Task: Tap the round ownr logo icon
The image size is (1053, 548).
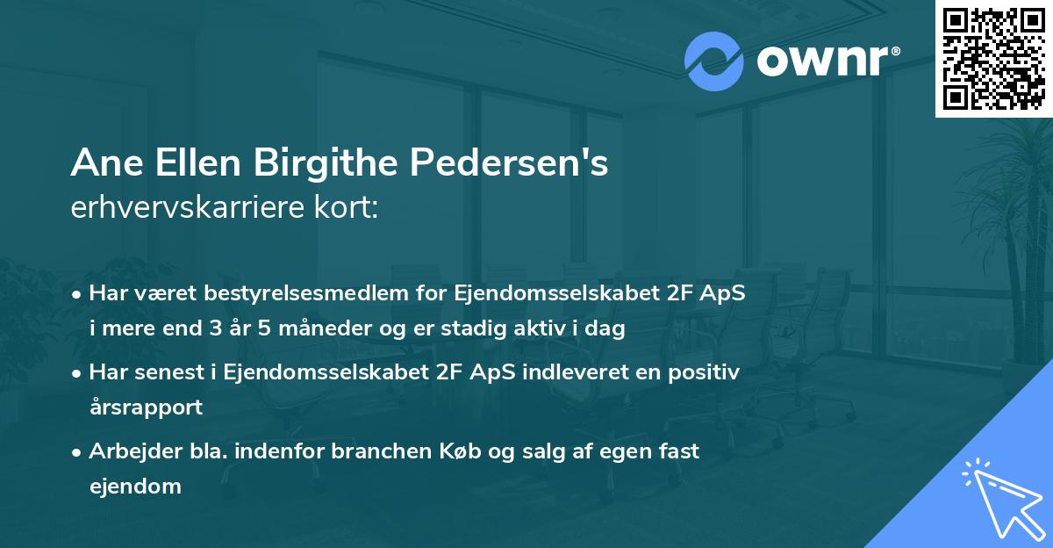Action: [x=714, y=61]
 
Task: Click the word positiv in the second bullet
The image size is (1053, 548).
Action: [x=707, y=372]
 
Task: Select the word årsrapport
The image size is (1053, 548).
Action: [x=145, y=407]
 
